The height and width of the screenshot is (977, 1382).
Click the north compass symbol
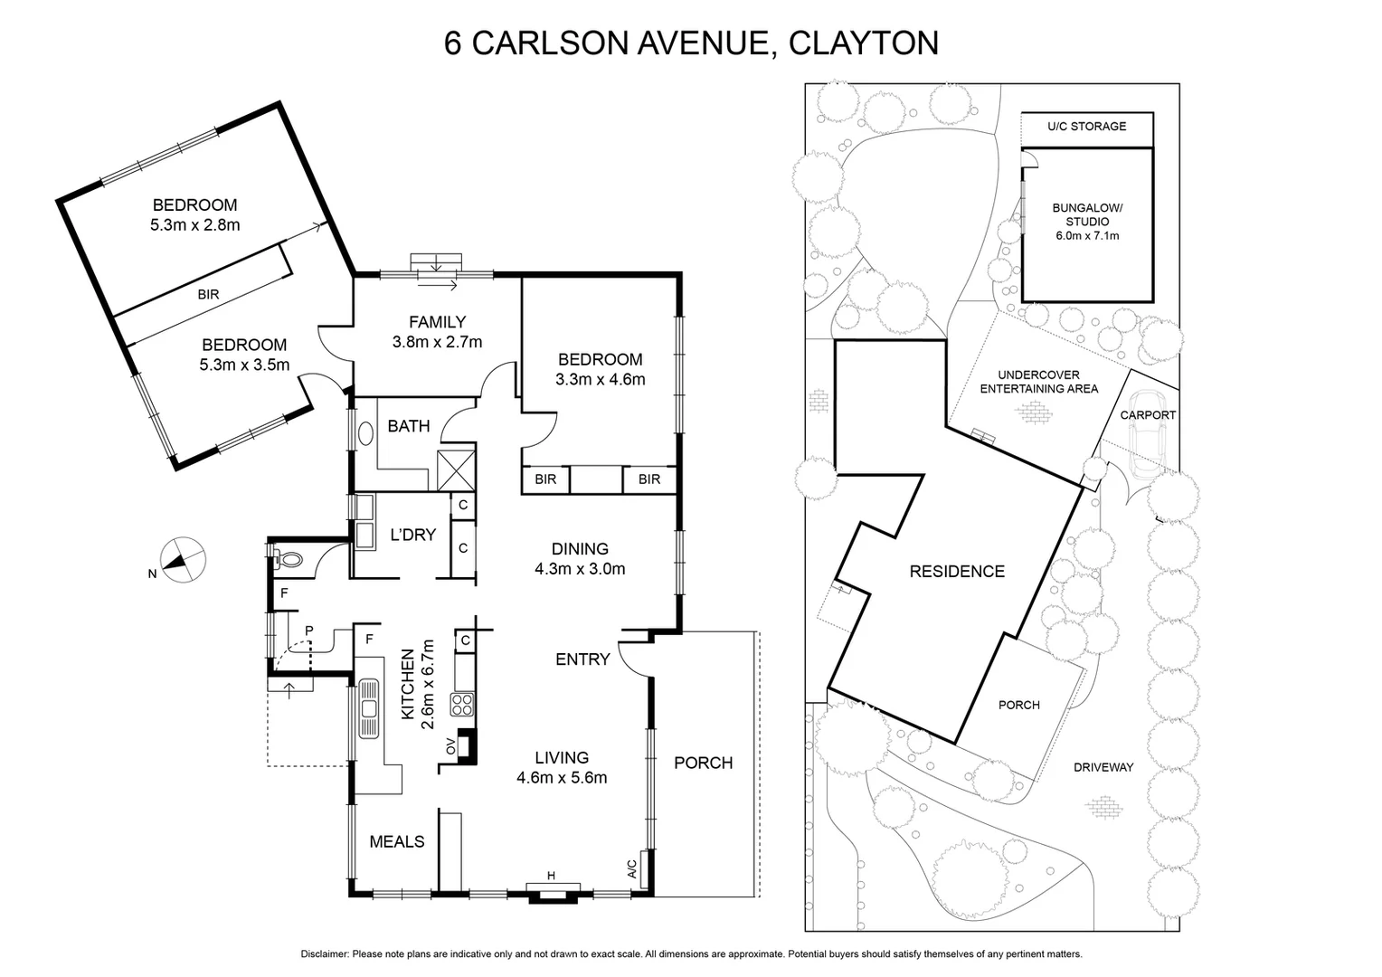182,559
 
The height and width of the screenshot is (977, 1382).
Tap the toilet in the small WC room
289,559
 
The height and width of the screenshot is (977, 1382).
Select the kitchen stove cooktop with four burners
462,704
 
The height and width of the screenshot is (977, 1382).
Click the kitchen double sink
368,708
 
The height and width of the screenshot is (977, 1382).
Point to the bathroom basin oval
366,433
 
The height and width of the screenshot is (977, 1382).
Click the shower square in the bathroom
455,470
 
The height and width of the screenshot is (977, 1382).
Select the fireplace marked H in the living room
551,892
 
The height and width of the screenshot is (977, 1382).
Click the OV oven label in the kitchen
450,746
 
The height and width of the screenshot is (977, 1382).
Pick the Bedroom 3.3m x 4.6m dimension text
600,380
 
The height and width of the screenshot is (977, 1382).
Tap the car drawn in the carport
1148,434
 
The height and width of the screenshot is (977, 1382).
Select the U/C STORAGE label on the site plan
1086,127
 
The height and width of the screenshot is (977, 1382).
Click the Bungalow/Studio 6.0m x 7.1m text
1086,222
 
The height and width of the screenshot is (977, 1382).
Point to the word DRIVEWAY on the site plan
1103,767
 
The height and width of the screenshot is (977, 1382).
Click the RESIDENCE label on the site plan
957,571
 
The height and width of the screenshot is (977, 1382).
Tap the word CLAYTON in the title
864,43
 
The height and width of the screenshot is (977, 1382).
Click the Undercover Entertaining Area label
1038,382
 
